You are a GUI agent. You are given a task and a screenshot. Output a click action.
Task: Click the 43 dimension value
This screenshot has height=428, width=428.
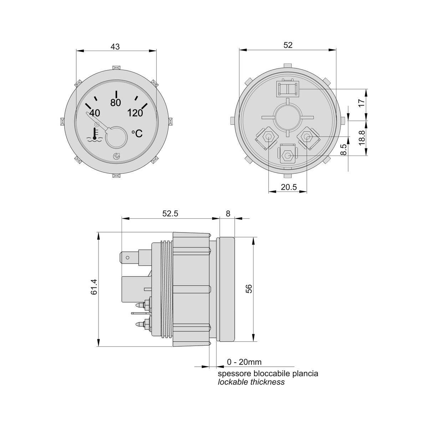coord(115,47)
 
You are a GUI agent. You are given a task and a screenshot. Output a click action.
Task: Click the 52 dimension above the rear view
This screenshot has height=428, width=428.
coord(288,45)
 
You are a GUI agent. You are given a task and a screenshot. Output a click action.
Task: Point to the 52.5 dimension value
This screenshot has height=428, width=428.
coord(170,213)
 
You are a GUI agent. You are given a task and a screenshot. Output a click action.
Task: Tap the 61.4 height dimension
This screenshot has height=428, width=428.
coord(94,287)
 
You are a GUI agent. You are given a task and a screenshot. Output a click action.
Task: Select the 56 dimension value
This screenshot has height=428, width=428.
coord(249,289)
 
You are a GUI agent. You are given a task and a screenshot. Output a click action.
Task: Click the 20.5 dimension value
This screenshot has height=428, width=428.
coord(289,187)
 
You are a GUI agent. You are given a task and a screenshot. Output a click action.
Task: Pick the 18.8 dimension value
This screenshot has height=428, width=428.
coord(362,138)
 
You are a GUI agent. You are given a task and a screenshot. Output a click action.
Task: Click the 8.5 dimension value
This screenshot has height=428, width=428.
coord(343,149)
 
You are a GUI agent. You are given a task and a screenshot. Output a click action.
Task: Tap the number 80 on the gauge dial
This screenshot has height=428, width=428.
coord(116,103)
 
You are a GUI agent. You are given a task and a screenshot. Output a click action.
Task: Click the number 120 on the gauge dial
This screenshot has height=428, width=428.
coord(135,113)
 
